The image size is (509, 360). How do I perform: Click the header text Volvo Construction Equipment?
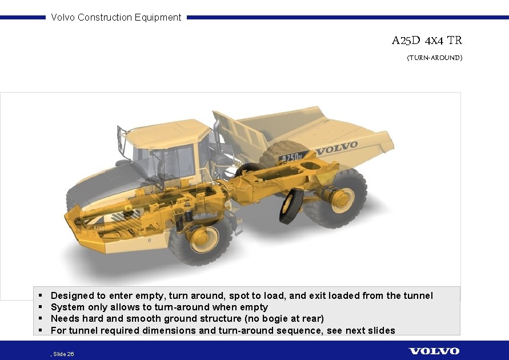(116, 17)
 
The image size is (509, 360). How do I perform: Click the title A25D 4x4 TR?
(427, 41)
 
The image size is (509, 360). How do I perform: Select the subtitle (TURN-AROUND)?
(434, 58)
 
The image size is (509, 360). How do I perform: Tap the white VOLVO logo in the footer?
(434, 350)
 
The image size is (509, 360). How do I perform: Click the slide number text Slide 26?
(63, 354)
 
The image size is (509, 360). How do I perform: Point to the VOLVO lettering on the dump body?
(337, 148)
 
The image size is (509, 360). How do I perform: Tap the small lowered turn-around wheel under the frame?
(291, 206)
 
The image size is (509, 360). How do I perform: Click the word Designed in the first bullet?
(72, 295)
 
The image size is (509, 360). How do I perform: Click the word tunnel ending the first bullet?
(418, 295)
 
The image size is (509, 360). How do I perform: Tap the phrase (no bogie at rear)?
(284, 318)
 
